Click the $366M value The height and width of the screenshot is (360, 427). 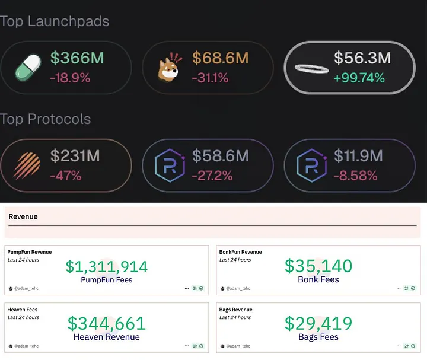(x=77, y=58)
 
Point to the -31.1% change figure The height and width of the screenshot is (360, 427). (x=211, y=77)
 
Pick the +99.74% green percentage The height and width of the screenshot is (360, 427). (x=359, y=77)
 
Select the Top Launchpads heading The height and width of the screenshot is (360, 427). (x=55, y=21)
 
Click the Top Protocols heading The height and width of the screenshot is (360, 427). (x=46, y=119)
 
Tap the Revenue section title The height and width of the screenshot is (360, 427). (x=23, y=217)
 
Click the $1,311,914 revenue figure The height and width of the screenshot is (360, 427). (x=107, y=266)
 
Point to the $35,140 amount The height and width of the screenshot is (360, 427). (x=318, y=266)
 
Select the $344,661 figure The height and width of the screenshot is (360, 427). (x=107, y=323)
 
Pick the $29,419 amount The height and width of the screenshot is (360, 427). (x=318, y=323)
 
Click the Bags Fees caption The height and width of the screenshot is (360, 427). (x=318, y=337)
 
